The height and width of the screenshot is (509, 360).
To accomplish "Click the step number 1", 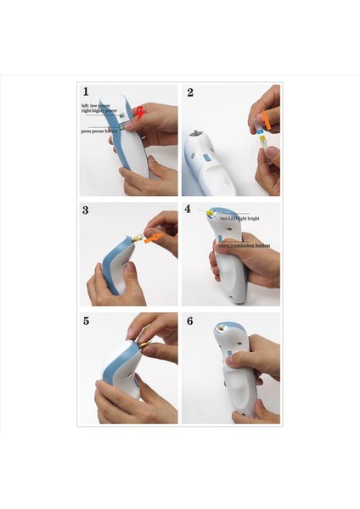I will [x=86, y=91].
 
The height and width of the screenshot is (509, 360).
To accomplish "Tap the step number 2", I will [x=189, y=92].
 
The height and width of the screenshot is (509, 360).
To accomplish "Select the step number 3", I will [x=86, y=209].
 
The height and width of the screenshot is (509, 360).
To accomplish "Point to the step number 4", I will [x=188, y=209].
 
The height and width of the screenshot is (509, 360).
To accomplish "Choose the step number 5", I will [x=86, y=321].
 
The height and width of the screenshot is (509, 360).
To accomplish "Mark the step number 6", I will [x=189, y=322].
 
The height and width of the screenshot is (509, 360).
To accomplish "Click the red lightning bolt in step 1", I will [x=139, y=113].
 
